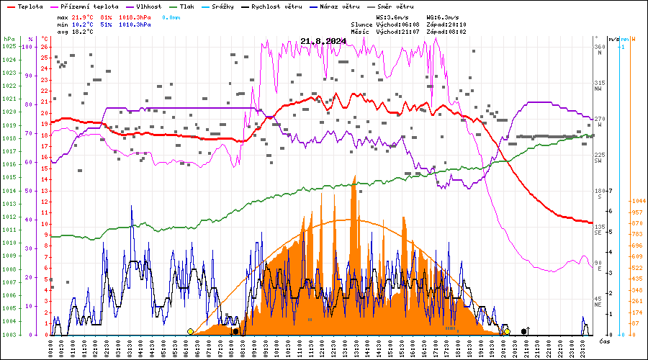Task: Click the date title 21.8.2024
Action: (323, 41)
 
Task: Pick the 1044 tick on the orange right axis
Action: (637, 202)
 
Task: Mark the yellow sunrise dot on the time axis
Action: (190, 331)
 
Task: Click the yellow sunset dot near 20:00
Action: (507, 331)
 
